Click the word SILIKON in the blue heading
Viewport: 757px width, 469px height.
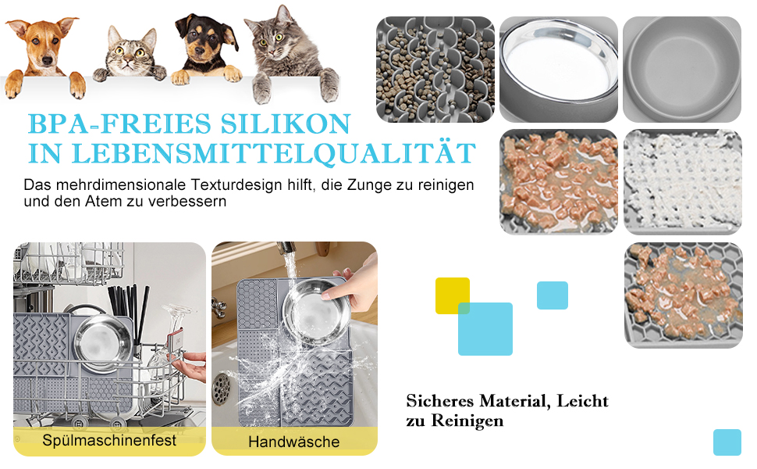(286, 124)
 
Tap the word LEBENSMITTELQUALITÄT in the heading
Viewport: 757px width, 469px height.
(274, 153)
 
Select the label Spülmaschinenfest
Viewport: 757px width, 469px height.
(109, 441)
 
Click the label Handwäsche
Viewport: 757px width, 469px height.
(294, 442)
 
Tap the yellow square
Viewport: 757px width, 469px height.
(453, 295)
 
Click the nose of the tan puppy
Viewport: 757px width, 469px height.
(47, 60)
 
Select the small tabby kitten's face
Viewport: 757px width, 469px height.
(131, 54)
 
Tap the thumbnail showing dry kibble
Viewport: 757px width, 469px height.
(435, 69)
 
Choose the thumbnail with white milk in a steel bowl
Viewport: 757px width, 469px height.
(559, 69)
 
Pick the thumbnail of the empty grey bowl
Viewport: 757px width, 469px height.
(681, 69)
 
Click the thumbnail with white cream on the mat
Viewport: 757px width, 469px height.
(683, 182)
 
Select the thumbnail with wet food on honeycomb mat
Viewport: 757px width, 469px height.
(683, 295)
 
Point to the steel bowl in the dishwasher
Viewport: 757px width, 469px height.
(103, 342)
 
